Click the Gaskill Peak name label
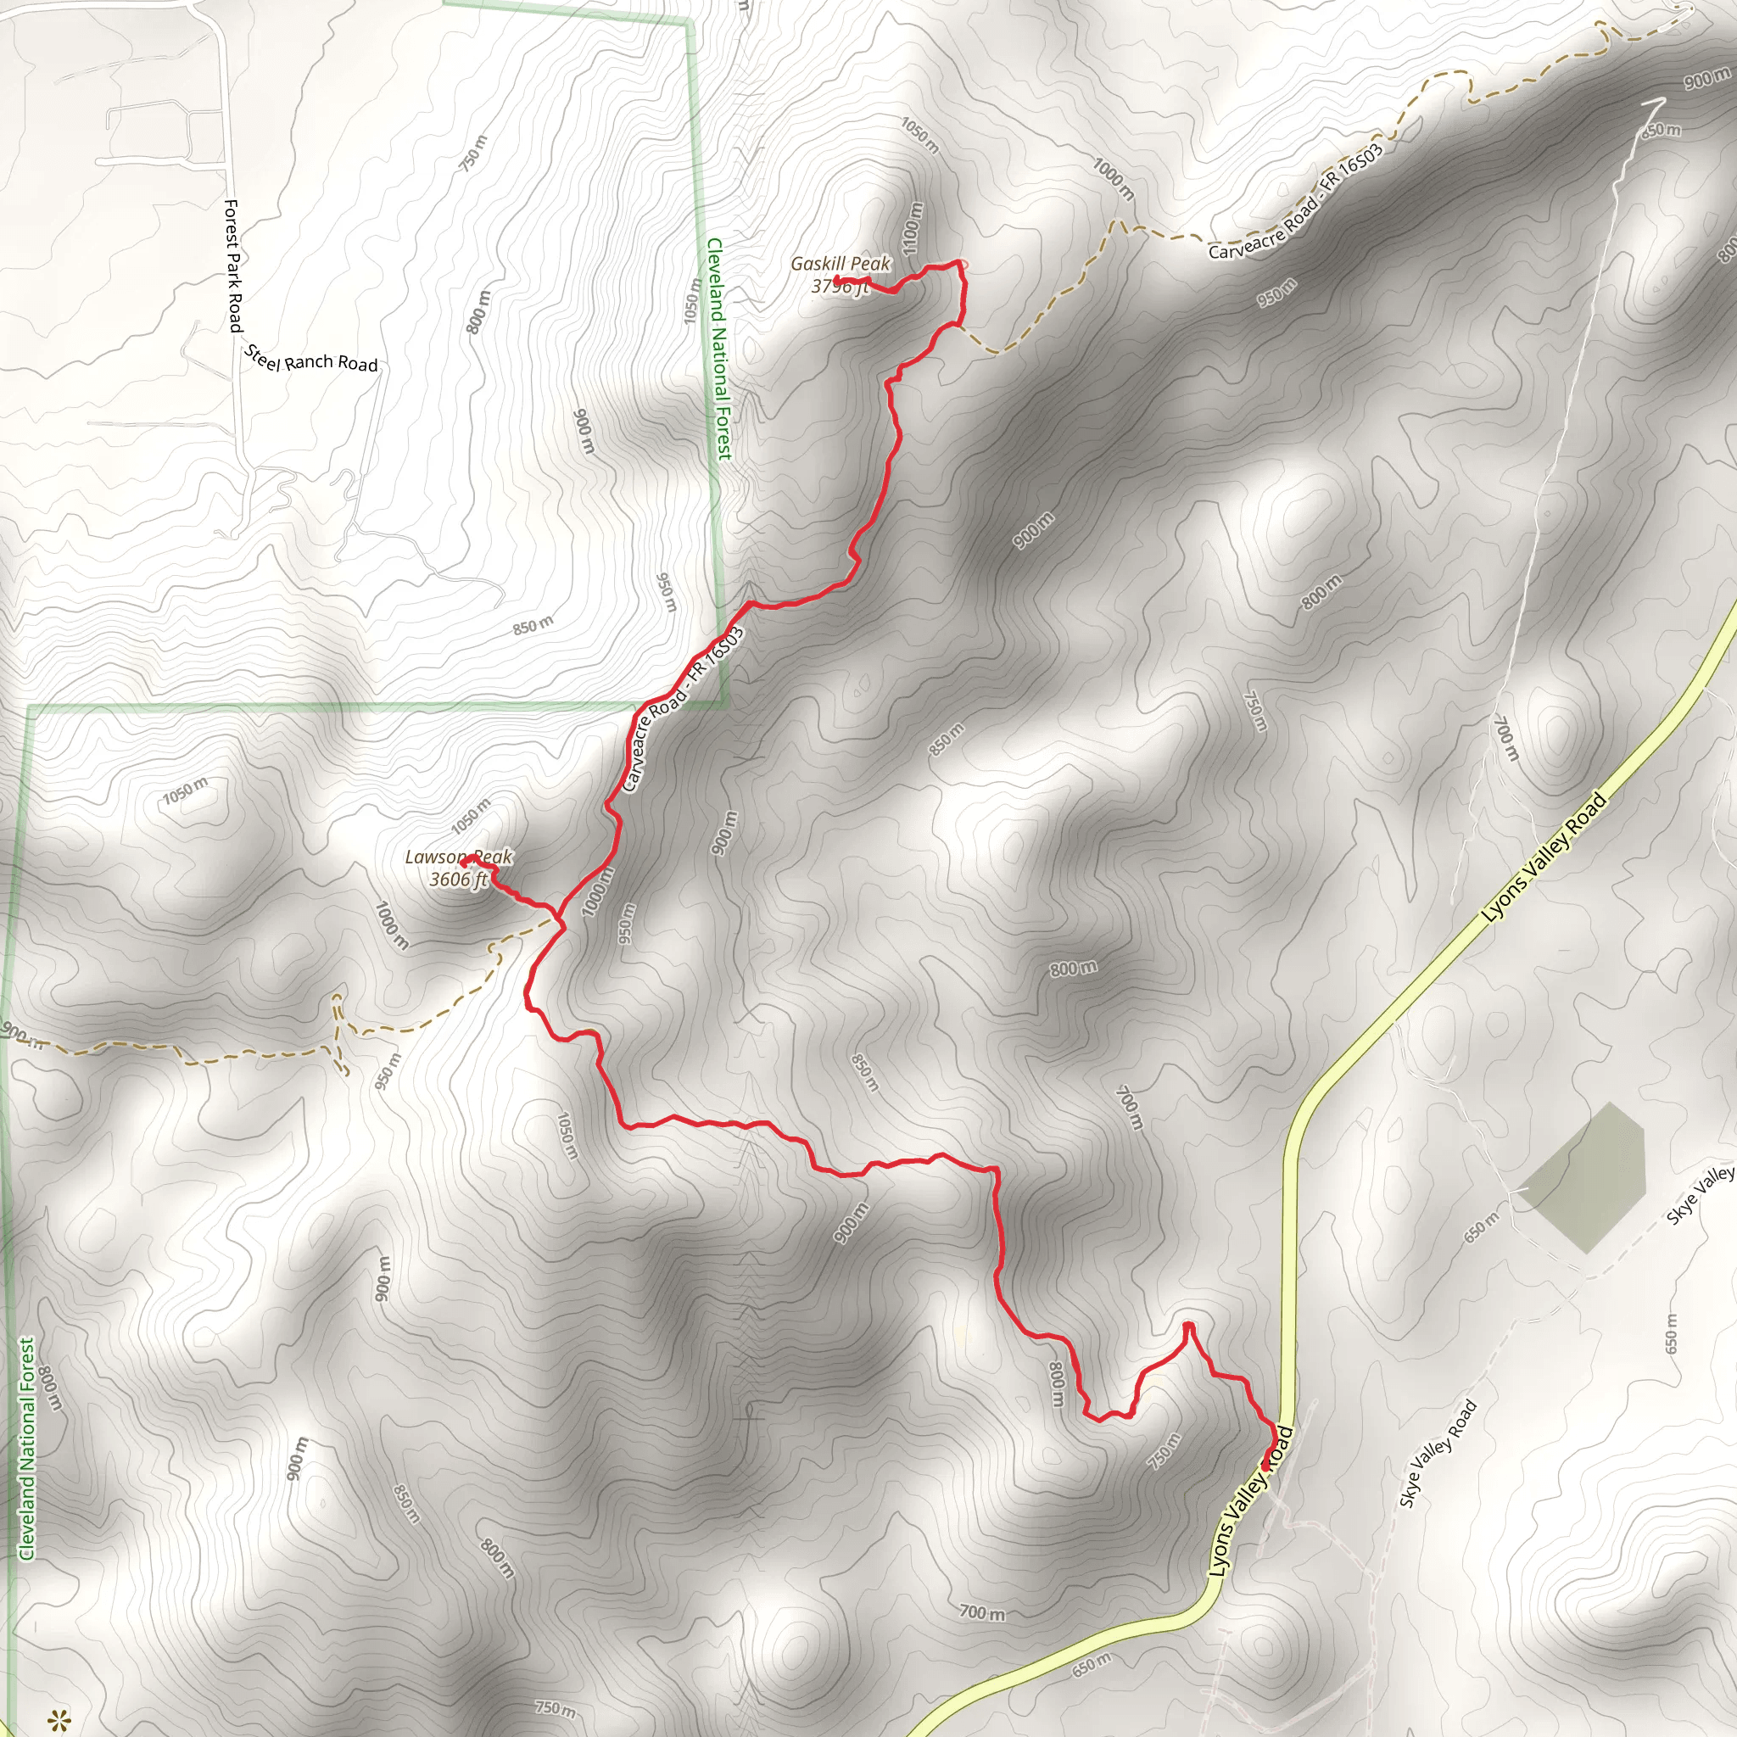840,264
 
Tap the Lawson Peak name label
458,857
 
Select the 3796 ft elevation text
839,287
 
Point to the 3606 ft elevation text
458,880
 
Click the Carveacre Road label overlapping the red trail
684,709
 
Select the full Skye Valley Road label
1438,1454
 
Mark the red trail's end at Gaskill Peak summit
837,281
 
